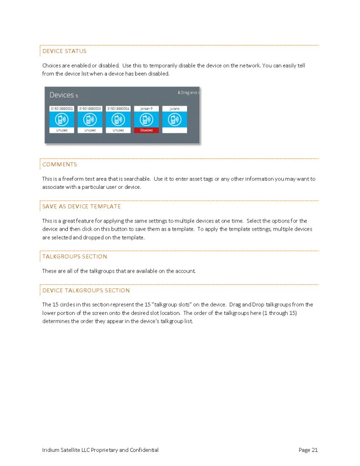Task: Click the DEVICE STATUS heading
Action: [x=64, y=51]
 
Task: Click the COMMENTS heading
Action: [x=60, y=164]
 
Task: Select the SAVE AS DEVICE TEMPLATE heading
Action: [x=81, y=206]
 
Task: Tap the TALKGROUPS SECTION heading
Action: [x=75, y=256]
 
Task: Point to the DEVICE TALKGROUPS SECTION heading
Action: [x=86, y=290]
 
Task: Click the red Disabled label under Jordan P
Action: [x=146, y=130]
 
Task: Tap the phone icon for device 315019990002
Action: [x=61, y=119]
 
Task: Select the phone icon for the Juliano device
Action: [x=174, y=119]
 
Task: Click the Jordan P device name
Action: [x=146, y=109]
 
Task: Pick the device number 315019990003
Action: [x=90, y=109]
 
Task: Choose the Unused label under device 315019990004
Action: [x=118, y=130]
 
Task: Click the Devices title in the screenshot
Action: [x=61, y=95]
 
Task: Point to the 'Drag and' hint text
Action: [x=188, y=92]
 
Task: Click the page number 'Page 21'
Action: [x=308, y=450]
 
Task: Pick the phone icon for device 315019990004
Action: [x=118, y=119]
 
